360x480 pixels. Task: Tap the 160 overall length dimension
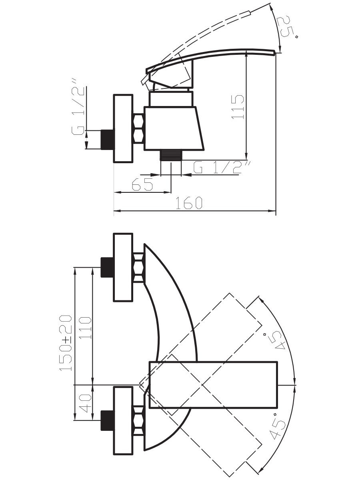coord(189,203)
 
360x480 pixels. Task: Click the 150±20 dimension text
coord(66,342)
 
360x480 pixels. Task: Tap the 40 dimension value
coord(85,403)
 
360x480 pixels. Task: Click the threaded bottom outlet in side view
coord(171,155)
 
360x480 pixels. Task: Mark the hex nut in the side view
coord(138,129)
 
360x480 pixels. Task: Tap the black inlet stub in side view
coord(107,140)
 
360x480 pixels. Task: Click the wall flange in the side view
coord(123,129)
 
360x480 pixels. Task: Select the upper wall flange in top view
coord(123,267)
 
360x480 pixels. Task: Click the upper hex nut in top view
coord(138,267)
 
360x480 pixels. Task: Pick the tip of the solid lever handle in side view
coord(274,52)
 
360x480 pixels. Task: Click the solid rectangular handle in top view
coord(213,385)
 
